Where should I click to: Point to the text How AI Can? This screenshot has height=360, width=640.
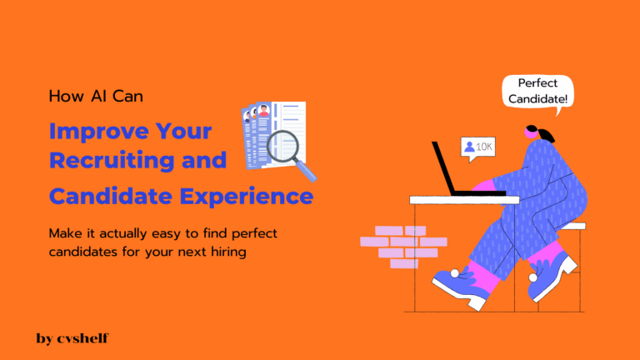coord(96,96)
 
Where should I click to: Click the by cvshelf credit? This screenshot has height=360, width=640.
coord(72,338)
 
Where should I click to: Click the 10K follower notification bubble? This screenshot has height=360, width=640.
coord(477,147)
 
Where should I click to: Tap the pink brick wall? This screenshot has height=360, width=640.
coord(402,246)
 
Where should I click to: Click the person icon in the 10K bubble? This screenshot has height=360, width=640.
coord(469,147)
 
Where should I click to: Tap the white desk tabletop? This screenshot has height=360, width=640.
coord(463,200)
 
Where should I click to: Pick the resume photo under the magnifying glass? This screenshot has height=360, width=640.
coord(264,111)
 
